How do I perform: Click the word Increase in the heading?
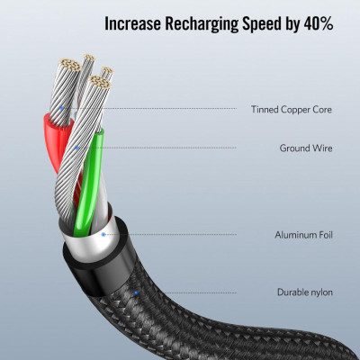pyautogui.click(x=132, y=23)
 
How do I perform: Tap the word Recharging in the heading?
pyautogui.click(x=202, y=24)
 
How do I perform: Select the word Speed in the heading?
pyautogui.click(x=262, y=24)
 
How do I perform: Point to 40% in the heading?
pyautogui.click(x=319, y=23)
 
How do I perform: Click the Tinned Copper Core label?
pyautogui.click(x=292, y=110)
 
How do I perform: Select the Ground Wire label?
pyautogui.click(x=306, y=148)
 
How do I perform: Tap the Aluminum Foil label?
pyautogui.click(x=303, y=235)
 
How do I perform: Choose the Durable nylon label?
pyautogui.click(x=305, y=292)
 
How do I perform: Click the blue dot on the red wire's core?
pyautogui.click(x=62, y=108)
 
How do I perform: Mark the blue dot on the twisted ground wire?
pyautogui.click(x=77, y=148)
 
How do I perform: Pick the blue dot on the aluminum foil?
pyautogui.click(x=103, y=234)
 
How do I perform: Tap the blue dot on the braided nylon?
pyautogui.click(x=136, y=292)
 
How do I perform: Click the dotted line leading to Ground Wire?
pyautogui.click(x=158, y=148)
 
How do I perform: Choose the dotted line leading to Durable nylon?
pyautogui.click(x=187, y=292)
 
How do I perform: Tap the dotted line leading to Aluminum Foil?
pyautogui.click(x=171, y=234)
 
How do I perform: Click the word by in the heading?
pyautogui.click(x=292, y=25)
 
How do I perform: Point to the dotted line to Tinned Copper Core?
pyautogui.click(x=150, y=108)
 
